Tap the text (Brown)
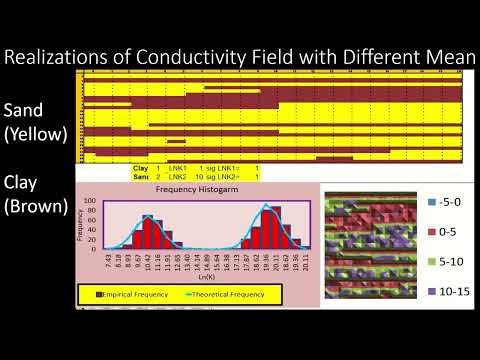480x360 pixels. [36, 207]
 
